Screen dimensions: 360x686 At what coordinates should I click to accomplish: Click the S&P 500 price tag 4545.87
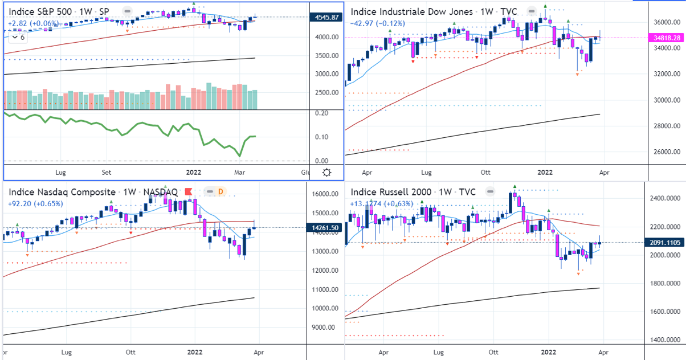pos(328,17)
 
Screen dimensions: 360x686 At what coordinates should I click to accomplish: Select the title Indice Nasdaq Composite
pos(62,193)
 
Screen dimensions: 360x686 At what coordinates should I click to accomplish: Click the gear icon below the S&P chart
pos(327,173)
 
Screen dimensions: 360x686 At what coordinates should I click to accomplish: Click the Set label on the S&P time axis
pos(107,171)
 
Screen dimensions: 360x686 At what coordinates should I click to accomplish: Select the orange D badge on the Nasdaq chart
pos(219,193)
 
